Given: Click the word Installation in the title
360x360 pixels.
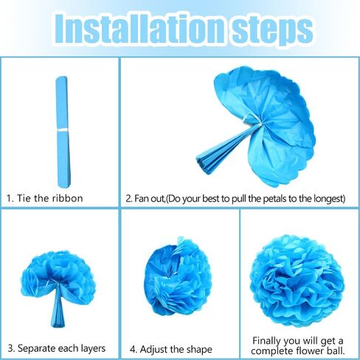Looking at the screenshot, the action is point(139,29).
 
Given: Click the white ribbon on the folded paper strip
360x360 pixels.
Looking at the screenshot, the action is point(62,131).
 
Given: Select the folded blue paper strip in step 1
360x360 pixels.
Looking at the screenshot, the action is point(63,132).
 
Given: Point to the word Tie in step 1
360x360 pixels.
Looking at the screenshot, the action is point(24,198).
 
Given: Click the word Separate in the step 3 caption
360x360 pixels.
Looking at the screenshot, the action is point(37,348).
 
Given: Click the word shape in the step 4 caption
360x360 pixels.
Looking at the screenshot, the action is point(199,350).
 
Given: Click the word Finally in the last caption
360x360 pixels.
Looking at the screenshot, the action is point(266,342).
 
